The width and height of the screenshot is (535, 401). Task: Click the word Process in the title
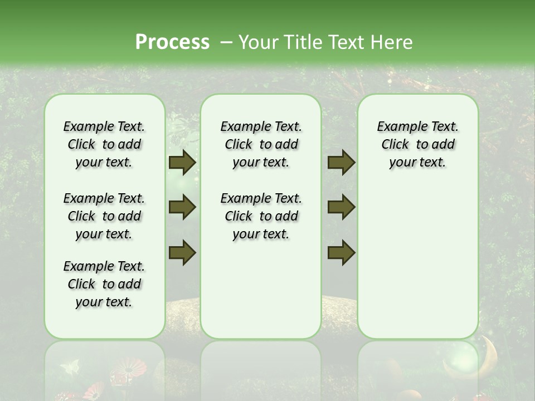click(x=172, y=42)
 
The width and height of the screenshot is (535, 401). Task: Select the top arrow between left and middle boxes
click(x=182, y=162)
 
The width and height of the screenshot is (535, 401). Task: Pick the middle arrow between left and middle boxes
click(x=182, y=207)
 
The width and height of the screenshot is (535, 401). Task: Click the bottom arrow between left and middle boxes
click(x=182, y=252)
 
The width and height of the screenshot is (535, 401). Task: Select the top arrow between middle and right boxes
click(x=341, y=162)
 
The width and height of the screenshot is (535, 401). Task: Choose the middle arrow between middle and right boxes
click(x=341, y=207)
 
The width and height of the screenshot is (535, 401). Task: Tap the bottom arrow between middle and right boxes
click(x=341, y=252)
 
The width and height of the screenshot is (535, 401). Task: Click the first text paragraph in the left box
click(x=104, y=144)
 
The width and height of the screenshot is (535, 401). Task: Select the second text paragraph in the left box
click(x=104, y=216)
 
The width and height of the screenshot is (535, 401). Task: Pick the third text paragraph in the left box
click(x=104, y=284)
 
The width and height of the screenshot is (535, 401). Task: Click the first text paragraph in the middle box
click(x=261, y=144)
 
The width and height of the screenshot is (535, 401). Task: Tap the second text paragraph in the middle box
click(x=261, y=216)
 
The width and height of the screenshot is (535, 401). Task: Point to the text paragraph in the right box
click(x=417, y=144)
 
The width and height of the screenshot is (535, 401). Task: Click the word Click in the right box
click(x=395, y=145)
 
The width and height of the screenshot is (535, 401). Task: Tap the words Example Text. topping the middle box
click(x=261, y=126)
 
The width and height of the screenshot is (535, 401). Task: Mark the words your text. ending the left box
click(x=104, y=302)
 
